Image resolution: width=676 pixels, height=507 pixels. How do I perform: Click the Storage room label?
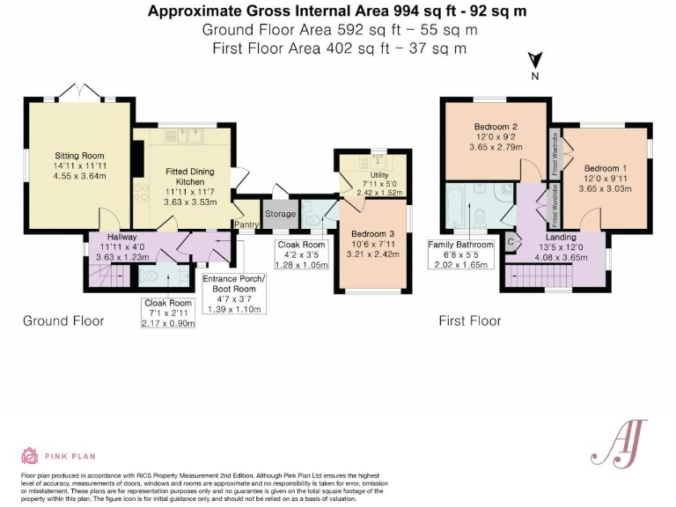pos(280,214)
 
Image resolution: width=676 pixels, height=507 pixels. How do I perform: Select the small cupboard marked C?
pos(511,241)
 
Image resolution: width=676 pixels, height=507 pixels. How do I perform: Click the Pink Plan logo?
pos(59,455)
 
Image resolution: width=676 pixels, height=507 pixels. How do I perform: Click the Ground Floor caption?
pos(62,320)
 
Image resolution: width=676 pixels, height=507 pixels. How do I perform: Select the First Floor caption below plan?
pos(470,320)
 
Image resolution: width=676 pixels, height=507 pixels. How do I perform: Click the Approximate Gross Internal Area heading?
pos(337,11)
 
